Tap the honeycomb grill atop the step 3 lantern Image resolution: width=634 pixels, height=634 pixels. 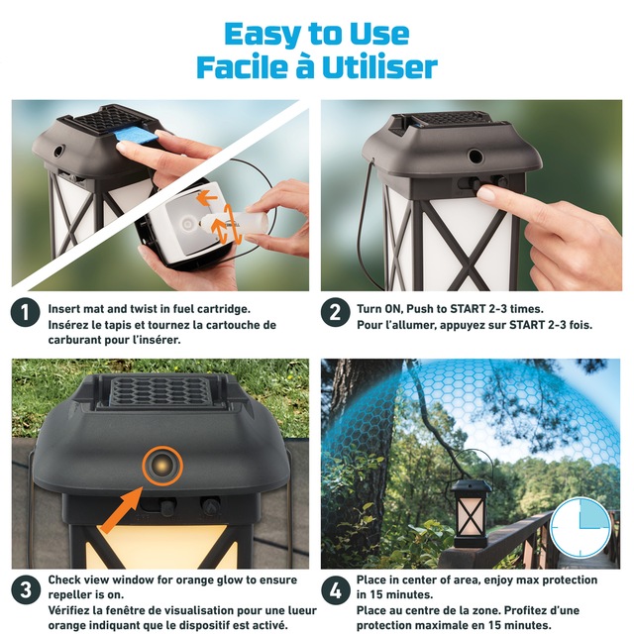[x=158, y=390]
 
